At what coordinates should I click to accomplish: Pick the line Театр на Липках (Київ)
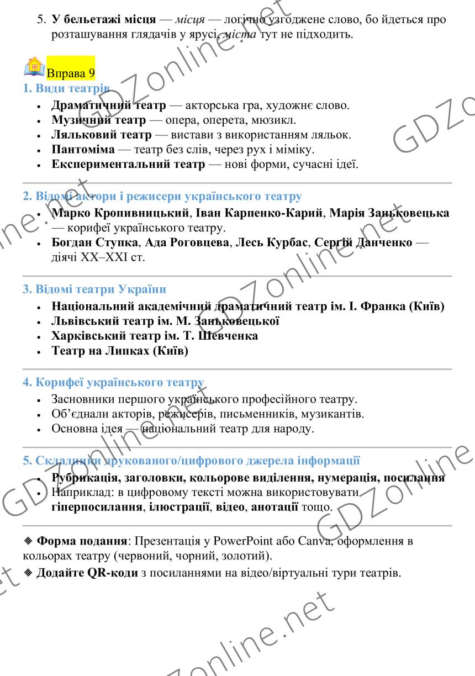pos(120,351)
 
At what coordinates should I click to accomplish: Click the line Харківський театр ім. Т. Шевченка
pos(155,336)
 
